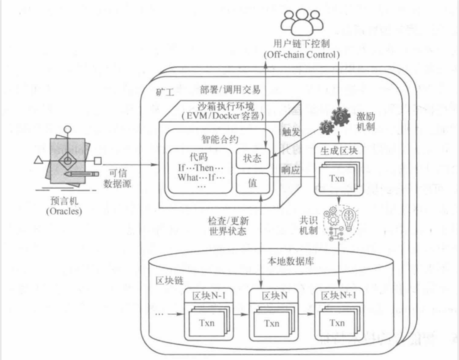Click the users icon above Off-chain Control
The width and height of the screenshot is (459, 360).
click(301, 21)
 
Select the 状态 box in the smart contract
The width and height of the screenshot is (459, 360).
click(252, 158)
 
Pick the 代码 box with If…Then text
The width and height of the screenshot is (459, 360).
click(200, 170)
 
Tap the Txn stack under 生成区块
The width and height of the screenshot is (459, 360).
click(337, 178)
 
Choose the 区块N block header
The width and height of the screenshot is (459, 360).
click(274, 296)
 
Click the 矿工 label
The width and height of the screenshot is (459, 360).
click(165, 93)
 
